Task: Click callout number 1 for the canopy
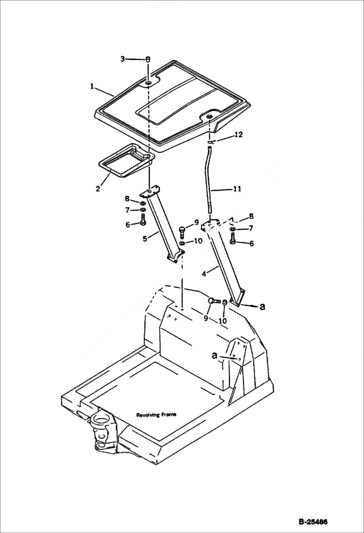[91, 86]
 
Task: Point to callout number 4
[205, 274]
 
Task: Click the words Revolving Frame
[156, 414]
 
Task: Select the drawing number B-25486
[313, 522]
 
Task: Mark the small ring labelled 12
[211, 142]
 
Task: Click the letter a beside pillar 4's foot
[262, 307]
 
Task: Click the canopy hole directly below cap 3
[148, 84]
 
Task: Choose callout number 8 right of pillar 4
[251, 217]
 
